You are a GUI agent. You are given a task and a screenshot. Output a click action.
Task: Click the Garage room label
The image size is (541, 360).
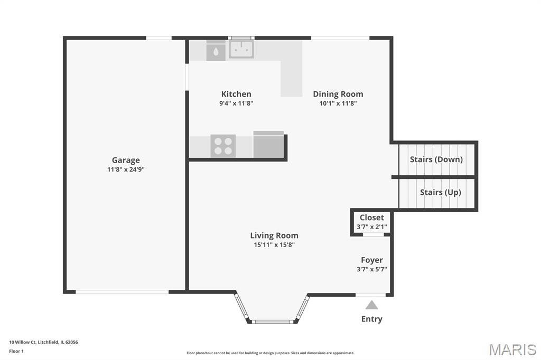(x=126, y=160)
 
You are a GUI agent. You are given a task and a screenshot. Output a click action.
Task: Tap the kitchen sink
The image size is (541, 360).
(x=241, y=49)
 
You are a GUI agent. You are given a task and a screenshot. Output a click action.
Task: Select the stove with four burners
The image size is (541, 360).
(x=223, y=146)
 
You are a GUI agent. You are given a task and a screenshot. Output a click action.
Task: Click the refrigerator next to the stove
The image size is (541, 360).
(x=268, y=145)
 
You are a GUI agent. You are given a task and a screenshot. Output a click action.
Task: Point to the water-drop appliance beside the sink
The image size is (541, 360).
(x=216, y=51)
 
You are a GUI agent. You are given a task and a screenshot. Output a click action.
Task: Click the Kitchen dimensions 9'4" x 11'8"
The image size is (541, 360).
(x=236, y=103)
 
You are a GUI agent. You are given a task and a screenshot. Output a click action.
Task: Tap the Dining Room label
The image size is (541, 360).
(x=338, y=94)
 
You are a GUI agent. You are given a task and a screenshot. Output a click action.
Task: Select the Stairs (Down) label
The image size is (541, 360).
(x=436, y=159)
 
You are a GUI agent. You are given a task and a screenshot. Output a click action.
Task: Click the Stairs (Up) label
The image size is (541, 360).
(x=440, y=193)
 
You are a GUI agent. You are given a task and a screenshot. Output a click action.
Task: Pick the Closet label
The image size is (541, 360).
(x=371, y=217)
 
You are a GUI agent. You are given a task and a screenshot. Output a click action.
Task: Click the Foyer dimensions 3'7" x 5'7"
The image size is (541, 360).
(x=371, y=269)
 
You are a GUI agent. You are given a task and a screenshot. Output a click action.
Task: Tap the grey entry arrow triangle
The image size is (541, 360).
(x=371, y=305)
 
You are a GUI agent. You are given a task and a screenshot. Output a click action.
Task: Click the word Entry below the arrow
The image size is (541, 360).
(x=371, y=319)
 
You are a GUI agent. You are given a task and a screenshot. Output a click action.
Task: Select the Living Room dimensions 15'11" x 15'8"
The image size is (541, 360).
(x=274, y=245)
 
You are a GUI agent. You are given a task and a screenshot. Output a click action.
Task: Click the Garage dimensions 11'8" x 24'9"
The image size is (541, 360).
(x=126, y=169)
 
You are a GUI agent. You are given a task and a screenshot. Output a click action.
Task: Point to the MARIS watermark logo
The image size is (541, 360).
(x=512, y=349)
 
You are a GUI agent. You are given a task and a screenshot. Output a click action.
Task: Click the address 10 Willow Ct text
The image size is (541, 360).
(x=23, y=343)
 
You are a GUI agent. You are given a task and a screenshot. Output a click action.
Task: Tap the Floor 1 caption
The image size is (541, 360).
(x=16, y=352)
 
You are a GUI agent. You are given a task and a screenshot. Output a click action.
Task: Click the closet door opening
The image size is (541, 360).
(x=374, y=234)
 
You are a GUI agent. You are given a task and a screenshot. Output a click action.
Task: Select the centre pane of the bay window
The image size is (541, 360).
(x=272, y=322)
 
